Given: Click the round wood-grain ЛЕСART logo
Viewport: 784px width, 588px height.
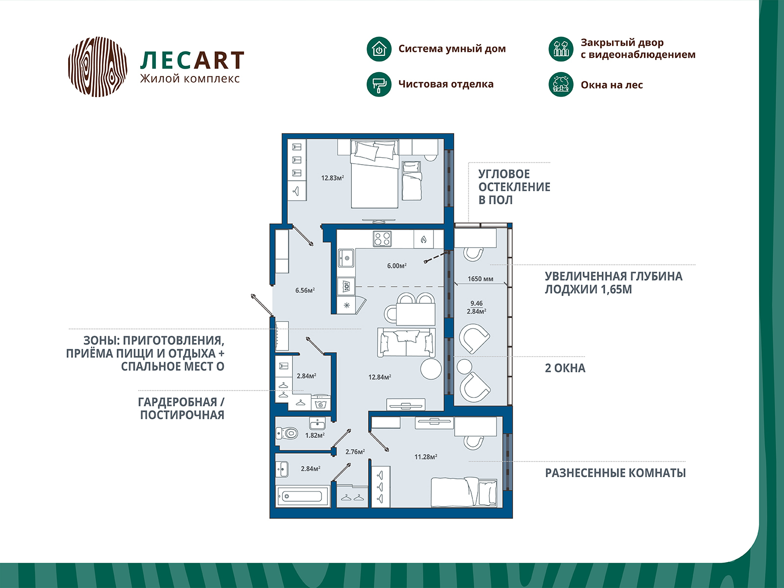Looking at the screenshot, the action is (x=98, y=67).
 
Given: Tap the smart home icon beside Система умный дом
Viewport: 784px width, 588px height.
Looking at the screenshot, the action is (x=379, y=49).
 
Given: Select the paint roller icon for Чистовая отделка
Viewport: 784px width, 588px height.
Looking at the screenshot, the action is (x=379, y=85).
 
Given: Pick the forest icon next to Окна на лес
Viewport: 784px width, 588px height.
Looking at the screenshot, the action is (x=561, y=85).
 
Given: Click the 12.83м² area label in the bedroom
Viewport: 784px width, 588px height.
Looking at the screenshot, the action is (x=332, y=178).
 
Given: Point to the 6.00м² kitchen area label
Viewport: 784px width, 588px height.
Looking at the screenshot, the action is (x=397, y=266).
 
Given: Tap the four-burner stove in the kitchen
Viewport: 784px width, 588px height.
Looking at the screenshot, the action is (x=382, y=239).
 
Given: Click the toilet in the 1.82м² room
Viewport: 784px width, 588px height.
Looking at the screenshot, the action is (x=287, y=434).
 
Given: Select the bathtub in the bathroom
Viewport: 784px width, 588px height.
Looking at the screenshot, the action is (x=302, y=496).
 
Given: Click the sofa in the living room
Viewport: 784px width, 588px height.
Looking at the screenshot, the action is (x=407, y=343).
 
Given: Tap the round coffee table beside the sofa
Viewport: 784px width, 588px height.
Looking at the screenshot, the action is (x=431, y=369).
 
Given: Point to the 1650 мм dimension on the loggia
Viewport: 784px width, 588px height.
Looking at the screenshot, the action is (x=480, y=279).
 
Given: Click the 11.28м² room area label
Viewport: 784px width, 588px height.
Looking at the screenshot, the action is (x=426, y=457).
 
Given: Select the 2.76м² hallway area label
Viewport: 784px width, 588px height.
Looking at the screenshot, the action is (x=355, y=452).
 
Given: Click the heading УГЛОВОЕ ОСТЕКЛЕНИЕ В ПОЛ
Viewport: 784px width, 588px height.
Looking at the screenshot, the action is (x=514, y=187).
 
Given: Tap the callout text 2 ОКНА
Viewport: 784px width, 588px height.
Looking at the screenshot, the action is (x=565, y=368).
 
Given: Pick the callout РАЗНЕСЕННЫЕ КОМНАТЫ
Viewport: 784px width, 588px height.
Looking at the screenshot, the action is (x=615, y=473).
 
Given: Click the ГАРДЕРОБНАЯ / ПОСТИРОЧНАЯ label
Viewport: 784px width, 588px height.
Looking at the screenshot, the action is (x=181, y=409).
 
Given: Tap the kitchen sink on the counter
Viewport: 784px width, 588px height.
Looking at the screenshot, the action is (x=346, y=258).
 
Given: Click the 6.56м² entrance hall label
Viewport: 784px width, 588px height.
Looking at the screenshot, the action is (x=305, y=290).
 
